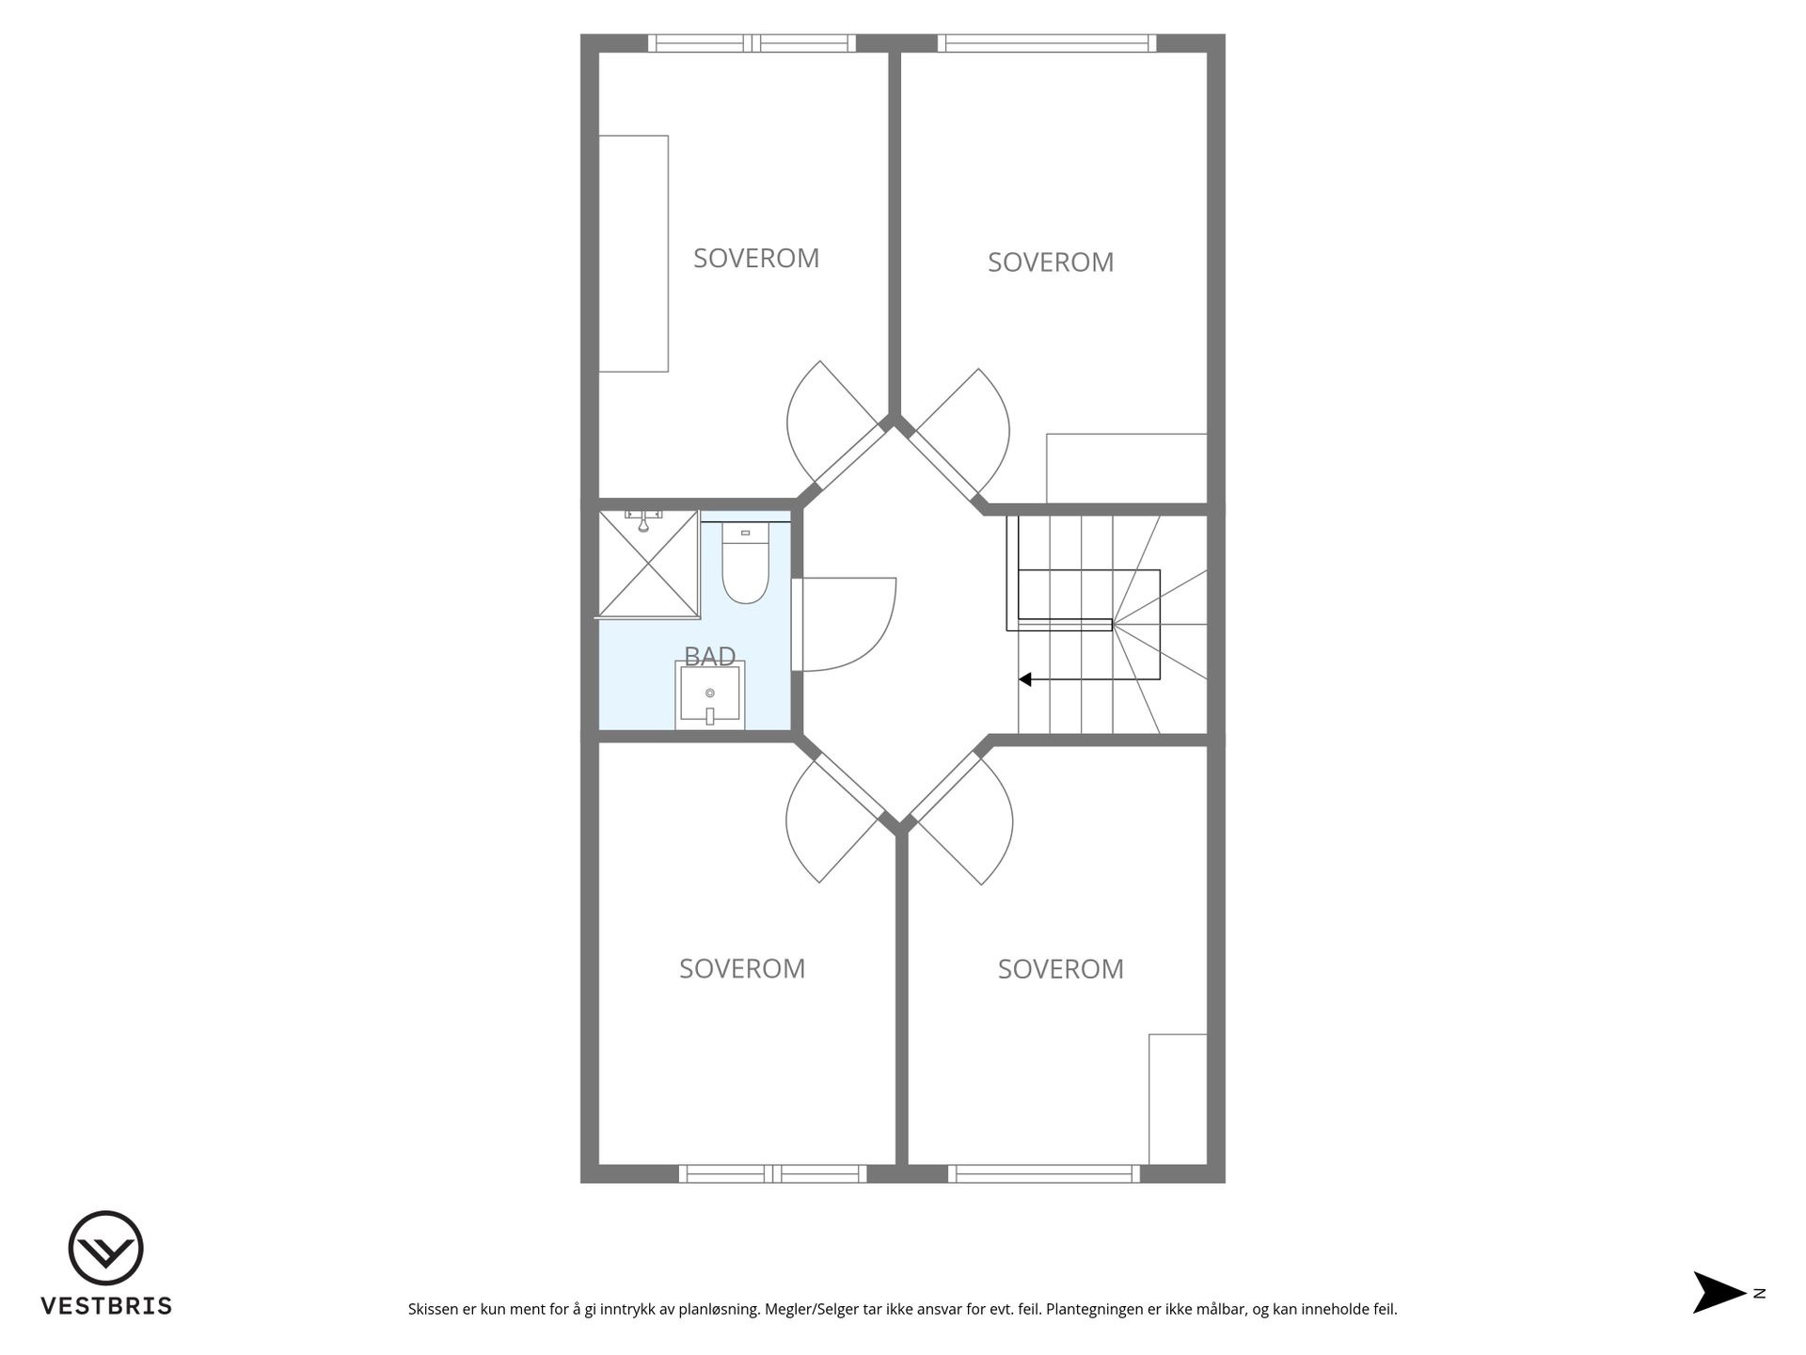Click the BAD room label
pyautogui.click(x=710, y=656)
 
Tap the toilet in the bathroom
pyautogui.click(x=745, y=563)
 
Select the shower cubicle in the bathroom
pyautogui.click(x=649, y=564)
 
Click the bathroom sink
pyautogui.click(x=710, y=694)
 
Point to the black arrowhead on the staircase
pyautogui.click(x=1025, y=678)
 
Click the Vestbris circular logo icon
pyautogui.click(x=105, y=1248)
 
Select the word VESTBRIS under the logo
pyautogui.click(x=106, y=1306)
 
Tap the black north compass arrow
pyautogui.click(x=1719, y=1293)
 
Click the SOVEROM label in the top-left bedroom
pyautogui.click(x=756, y=258)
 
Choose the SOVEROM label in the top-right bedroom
pyautogui.click(x=1051, y=262)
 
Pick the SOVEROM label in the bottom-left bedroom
pyautogui.click(x=742, y=968)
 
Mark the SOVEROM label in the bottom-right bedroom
pyautogui.click(x=1061, y=968)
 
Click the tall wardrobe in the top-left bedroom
pyautogui.click(x=634, y=253)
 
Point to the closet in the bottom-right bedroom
pyautogui.click(x=1178, y=1099)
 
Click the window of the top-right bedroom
pyautogui.click(x=1047, y=43)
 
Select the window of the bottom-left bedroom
pyautogui.click(x=772, y=1173)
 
